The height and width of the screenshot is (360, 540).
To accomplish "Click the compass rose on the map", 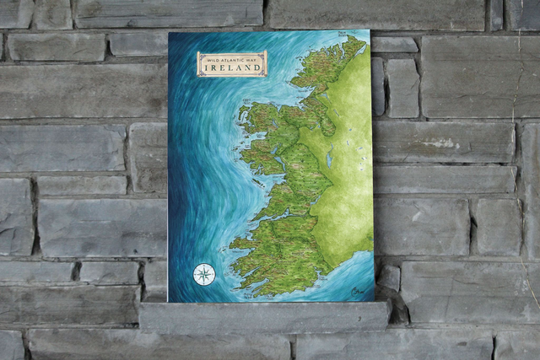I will (203, 274).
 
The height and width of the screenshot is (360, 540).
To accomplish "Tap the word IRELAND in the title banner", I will (232, 68).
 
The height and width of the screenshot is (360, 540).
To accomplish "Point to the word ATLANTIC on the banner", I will (232, 58).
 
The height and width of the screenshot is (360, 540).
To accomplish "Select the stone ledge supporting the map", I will (264, 316).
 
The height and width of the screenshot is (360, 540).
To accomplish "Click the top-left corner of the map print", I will (169, 33).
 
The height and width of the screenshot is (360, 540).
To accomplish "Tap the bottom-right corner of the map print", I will (374, 301).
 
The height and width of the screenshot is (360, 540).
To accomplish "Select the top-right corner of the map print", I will (370, 30).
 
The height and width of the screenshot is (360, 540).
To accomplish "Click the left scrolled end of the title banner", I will (200, 63).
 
